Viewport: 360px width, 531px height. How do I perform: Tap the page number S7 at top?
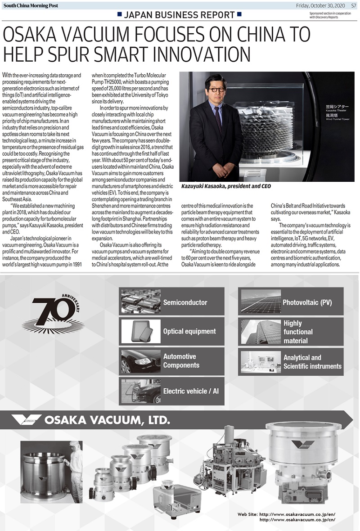pos(353,5)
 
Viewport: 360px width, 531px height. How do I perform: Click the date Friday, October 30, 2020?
pos(320,5)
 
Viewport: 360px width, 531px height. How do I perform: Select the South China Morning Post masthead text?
pos(31,5)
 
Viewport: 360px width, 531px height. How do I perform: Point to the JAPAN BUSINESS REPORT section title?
pos(179,15)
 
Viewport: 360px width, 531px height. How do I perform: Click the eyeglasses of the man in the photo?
pos(216,90)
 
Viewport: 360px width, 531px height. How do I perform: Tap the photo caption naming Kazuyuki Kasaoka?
pos(226,186)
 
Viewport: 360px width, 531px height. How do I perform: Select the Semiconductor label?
pos(185,302)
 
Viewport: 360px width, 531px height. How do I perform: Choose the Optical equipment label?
pos(189,331)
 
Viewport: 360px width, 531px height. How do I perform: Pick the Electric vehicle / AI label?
pos(191,391)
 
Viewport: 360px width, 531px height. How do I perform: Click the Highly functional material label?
pos(298,332)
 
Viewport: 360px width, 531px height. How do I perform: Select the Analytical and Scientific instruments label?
pos(312,362)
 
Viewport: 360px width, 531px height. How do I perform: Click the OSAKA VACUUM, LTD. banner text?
pos(107,420)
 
